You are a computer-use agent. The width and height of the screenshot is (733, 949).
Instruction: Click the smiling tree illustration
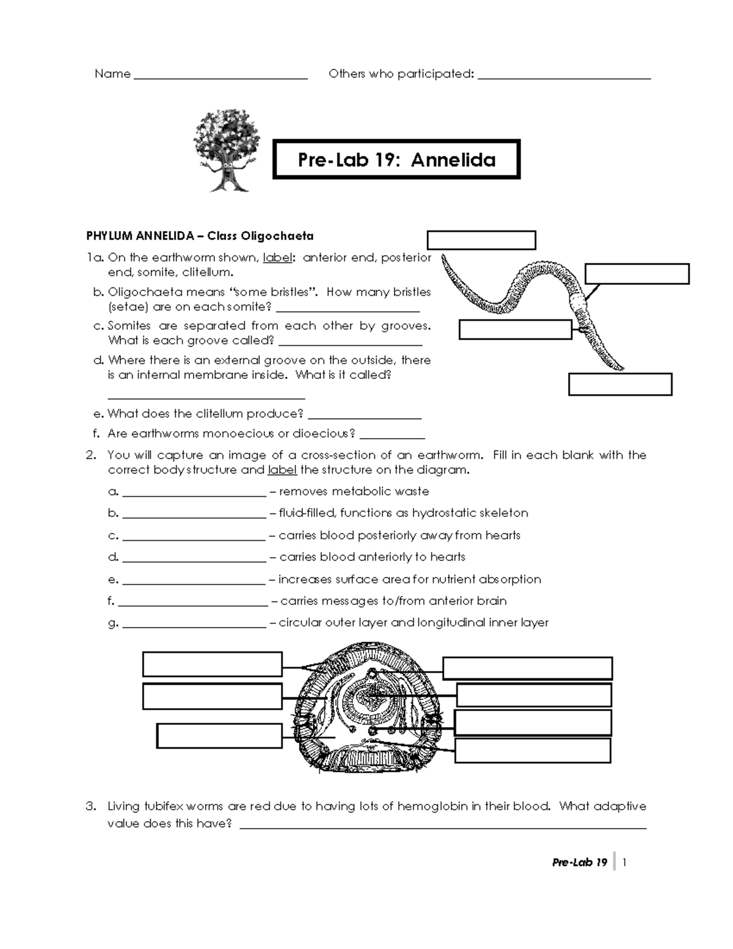(x=226, y=150)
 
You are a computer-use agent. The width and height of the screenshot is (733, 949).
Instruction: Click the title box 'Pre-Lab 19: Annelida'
(x=396, y=160)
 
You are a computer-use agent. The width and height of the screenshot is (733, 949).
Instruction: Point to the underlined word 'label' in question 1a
(x=277, y=258)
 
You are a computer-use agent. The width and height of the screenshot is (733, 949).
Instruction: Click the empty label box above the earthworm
(x=481, y=240)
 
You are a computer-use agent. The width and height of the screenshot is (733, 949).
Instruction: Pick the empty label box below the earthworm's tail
(x=619, y=384)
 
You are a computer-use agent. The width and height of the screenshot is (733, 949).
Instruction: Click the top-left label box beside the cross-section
(x=212, y=664)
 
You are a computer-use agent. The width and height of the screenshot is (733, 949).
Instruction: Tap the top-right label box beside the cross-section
(x=527, y=669)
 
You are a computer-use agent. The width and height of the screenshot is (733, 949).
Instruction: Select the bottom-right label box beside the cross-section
(x=533, y=750)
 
